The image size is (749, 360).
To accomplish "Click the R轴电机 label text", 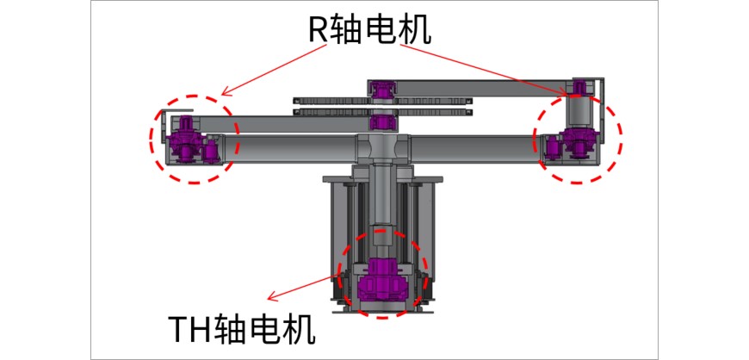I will click(369, 30).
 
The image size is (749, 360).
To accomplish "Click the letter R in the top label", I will click(318, 31).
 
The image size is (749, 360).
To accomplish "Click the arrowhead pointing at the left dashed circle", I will click(225, 92).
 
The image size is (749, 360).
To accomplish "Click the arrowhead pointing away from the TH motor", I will click(271, 298).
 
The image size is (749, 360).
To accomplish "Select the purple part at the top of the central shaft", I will click(383, 87).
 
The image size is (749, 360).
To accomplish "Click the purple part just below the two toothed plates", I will click(381, 123).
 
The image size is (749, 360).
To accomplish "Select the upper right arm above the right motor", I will click(482, 86).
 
